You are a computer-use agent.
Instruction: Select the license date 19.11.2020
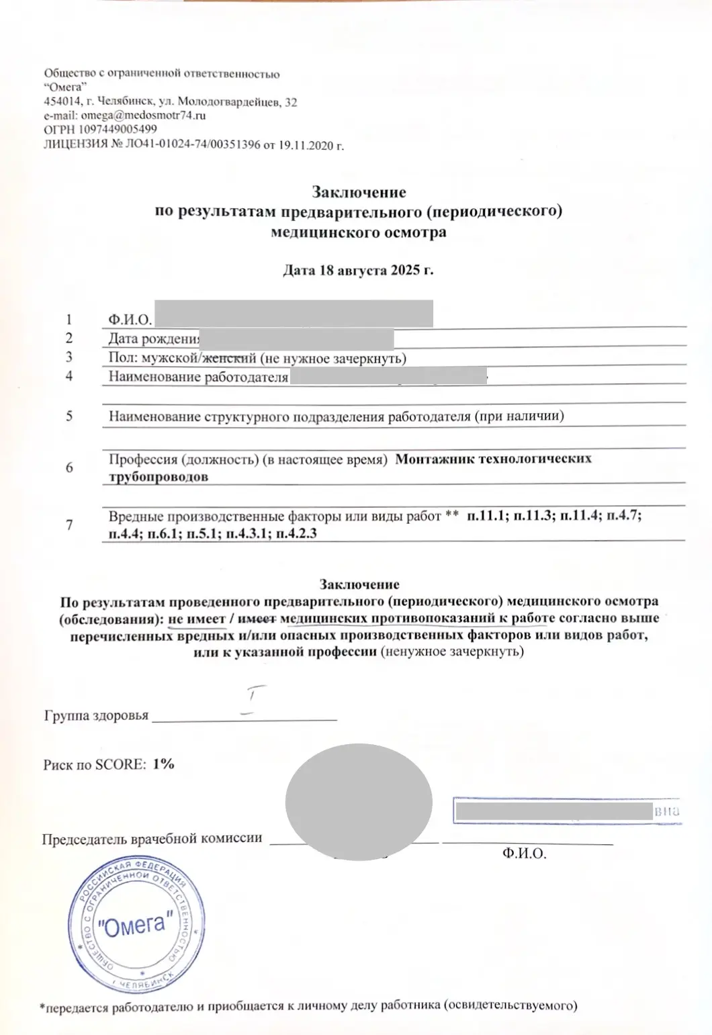click(306, 144)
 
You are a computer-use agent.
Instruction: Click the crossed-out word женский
click(229, 358)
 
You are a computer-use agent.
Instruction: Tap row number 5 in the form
click(69, 416)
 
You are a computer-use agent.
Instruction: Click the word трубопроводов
click(159, 477)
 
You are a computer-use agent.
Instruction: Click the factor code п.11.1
click(487, 516)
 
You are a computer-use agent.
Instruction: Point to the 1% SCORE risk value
click(163, 764)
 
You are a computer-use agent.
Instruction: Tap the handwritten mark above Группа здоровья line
click(251, 699)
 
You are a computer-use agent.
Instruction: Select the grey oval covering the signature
click(358, 801)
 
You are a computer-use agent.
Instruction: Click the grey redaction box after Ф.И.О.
click(293, 314)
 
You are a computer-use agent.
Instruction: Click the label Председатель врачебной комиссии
click(152, 838)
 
